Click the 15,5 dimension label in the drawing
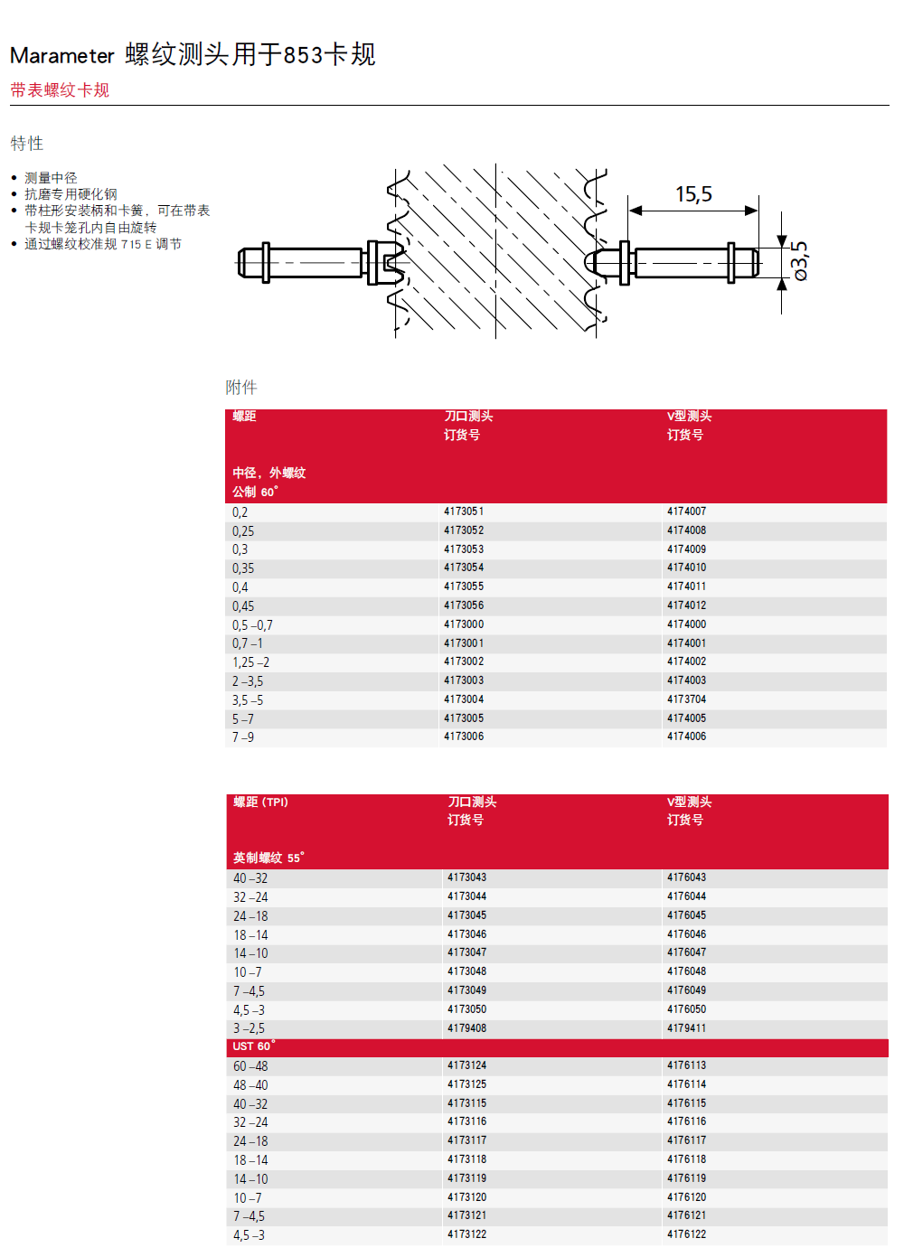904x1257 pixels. click(693, 194)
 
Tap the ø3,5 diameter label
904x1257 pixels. click(799, 261)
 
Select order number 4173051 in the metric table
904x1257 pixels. click(464, 511)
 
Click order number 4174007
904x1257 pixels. click(686, 511)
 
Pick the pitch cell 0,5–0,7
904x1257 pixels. click(252, 625)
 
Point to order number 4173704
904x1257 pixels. click(686, 699)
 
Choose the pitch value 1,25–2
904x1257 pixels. click(250, 662)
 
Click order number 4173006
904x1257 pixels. click(464, 736)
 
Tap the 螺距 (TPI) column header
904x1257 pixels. click(260, 802)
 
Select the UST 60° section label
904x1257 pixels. click(253, 1046)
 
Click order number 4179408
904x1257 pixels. click(466, 1028)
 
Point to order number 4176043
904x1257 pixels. click(686, 877)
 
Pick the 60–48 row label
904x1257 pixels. click(250, 1066)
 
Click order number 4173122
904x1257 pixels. click(466, 1234)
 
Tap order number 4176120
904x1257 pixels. click(686, 1197)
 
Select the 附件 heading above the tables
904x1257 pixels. click(241, 388)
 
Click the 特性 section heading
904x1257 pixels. click(27, 144)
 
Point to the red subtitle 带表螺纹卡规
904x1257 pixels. click(60, 90)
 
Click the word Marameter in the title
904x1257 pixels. click(62, 56)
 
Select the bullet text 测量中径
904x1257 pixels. click(51, 178)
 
